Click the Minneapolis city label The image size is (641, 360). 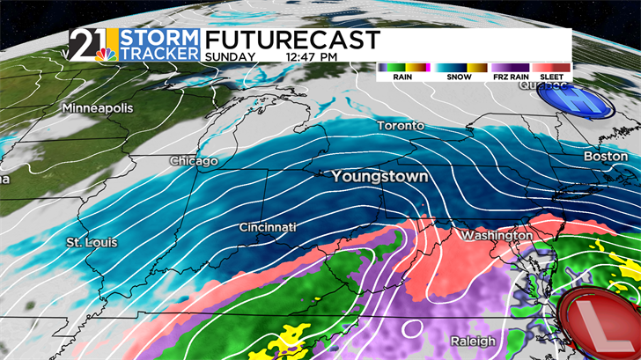click(x=97, y=107)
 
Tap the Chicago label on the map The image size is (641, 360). click(x=194, y=162)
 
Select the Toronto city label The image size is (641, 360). click(x=401, y=126)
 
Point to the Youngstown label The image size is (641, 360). click(x=379, y=177)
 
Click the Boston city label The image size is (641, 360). click(x=607, y=157)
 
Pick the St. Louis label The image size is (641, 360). click(x=92, y=241)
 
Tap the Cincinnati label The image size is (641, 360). click(x=269, y=228)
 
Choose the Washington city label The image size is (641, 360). click(x=497, y=236)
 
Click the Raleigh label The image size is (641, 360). click(x=476, y=341)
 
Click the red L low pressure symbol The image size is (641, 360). click(x=600, y=322)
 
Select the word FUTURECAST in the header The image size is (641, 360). click(x=291, y=40)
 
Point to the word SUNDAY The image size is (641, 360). click(x=230, y=57)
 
